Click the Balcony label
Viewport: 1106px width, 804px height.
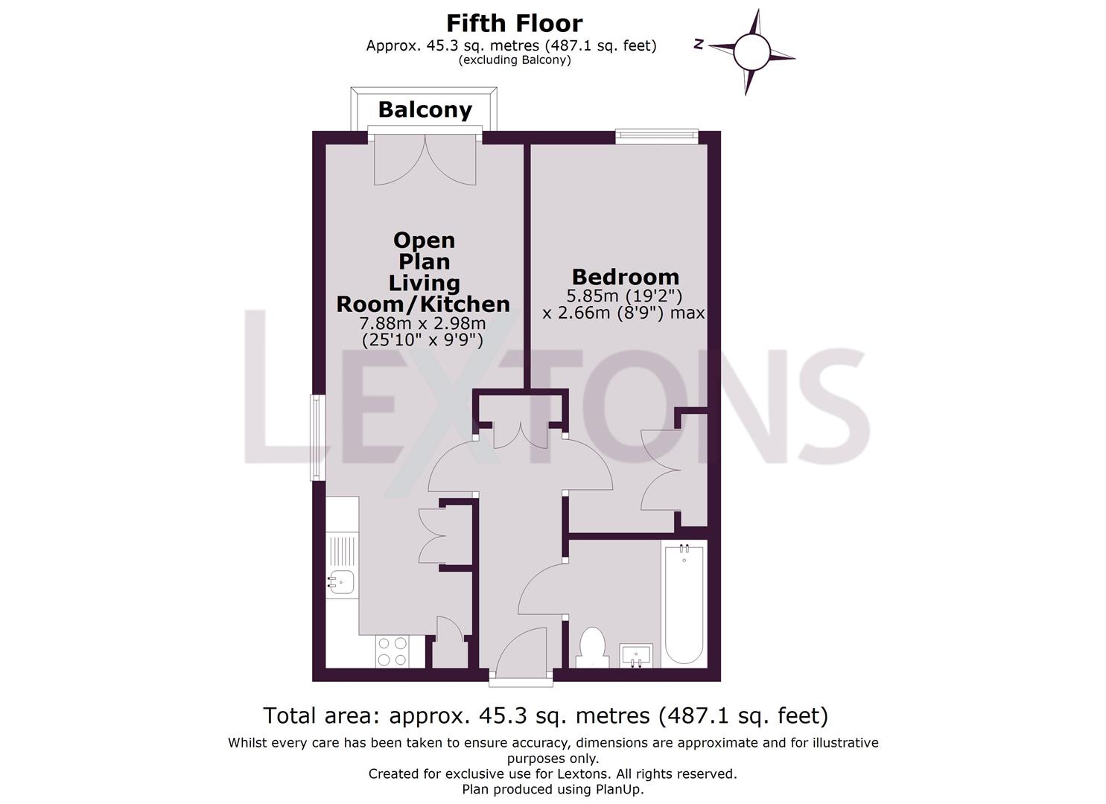point(425,110)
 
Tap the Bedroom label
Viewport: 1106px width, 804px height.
point(625,277)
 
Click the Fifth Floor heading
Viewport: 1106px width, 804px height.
point(514,23)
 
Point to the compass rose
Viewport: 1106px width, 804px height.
point(751,52)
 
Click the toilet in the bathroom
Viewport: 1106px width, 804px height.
point(592,646)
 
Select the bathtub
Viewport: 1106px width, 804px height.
point(684,604)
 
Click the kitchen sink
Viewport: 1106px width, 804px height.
point(341,581)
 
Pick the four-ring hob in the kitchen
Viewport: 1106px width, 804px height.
point(392,651)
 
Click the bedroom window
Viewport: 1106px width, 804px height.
point(656,135)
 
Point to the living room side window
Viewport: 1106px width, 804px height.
point(318,437)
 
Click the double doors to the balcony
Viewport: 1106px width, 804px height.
point(425,159)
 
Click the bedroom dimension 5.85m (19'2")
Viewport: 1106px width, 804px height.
point(624,296)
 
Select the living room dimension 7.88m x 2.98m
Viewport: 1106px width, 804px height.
point(422,324)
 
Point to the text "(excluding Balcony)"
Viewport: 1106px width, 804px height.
point(515,60)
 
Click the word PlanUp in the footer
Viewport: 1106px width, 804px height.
point(617,789)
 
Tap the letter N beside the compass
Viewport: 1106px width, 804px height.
point(699,45)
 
